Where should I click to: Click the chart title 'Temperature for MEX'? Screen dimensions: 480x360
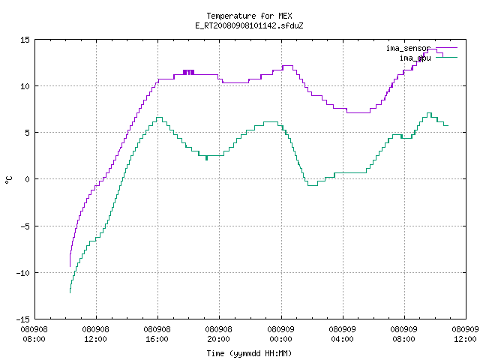tap(249, 16)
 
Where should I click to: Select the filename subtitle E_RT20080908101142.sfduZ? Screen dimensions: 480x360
tap(249, 25)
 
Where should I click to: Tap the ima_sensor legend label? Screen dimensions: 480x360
tap(408, 48)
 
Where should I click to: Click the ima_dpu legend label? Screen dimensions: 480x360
tap(415, 58)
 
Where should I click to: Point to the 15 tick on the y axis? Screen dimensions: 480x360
tap(25, 40)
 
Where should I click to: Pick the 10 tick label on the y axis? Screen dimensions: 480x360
tap(25, 86)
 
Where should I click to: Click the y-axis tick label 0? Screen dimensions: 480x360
tap(27, 179)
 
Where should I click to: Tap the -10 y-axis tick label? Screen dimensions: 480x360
tap(23, 273)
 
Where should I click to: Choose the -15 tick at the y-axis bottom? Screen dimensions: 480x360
tap(23, 319)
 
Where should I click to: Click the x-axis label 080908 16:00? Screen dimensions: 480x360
tap(157, 334)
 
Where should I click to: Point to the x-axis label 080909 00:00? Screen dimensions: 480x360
tap(280, 334)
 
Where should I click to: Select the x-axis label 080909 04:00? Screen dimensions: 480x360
tap(342, 334)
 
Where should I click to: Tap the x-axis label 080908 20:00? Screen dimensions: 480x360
tap(218, 334)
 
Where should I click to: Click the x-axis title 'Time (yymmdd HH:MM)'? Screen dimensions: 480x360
tap(249, 353)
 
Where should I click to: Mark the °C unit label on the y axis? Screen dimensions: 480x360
tap(8, 180)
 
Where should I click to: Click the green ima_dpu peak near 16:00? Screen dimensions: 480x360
tap(159, 118)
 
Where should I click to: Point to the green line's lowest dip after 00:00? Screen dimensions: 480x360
tap(312, 185)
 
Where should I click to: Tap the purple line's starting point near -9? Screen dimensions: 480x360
tap(70, 266)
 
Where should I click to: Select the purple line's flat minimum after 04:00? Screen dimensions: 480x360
tap(358, 112)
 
